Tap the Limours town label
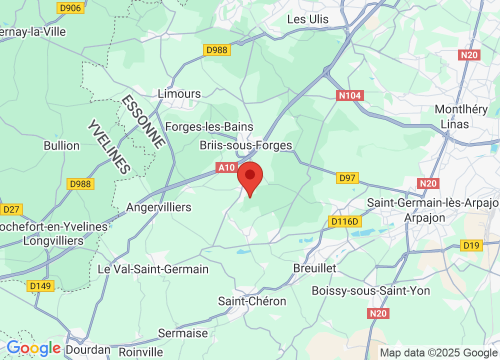[179, 93]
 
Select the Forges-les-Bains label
[209, 127]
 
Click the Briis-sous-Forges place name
[245, 145]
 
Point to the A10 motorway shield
[226, 168]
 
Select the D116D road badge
[345, 220]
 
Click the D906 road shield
[70, 7]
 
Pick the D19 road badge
[471, 245]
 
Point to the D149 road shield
[40, 285]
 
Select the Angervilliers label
[159, 207]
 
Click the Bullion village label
[61, 145]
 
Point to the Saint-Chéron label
[252, 301]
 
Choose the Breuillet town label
[315, 268]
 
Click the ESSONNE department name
[143, 121]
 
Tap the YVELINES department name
[109, 146]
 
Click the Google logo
[33, 348]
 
